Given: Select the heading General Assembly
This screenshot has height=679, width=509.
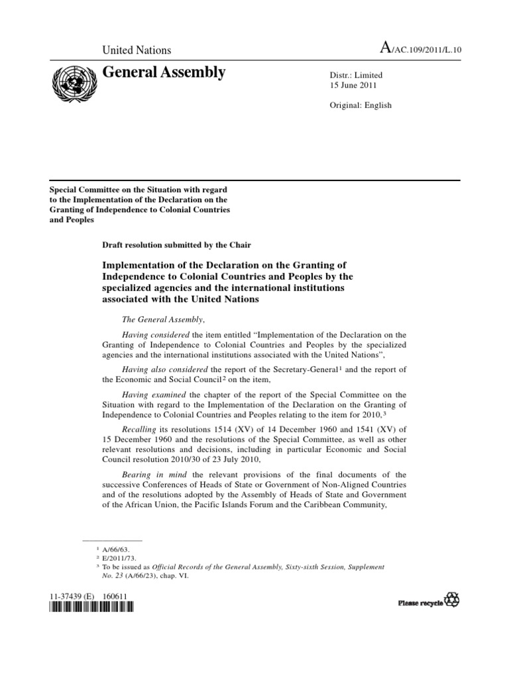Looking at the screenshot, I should coord(164,73).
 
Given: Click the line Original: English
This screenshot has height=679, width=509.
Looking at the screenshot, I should coord(361,105).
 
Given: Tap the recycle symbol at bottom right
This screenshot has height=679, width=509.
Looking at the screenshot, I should coord(452,601).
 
